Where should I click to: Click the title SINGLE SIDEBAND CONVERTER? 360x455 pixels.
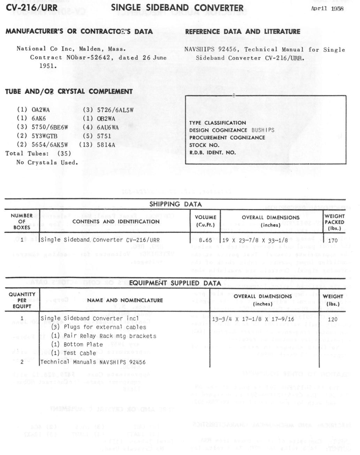177,8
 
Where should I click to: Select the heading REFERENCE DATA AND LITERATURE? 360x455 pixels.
243,32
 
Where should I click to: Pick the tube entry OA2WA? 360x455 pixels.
41,110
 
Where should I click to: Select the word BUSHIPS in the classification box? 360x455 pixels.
263,130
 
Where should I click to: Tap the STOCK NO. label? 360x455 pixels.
204,145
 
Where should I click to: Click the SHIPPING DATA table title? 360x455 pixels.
176,204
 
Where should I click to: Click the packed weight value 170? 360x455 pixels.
333,240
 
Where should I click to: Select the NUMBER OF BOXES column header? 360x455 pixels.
22,222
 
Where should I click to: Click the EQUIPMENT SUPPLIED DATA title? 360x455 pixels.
175,283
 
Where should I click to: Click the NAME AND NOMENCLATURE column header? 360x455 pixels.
125,300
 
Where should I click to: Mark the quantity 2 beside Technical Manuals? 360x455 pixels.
22,362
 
